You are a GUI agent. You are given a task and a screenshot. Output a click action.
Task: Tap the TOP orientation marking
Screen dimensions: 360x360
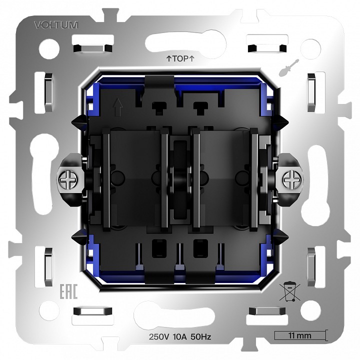(x=179, y=59)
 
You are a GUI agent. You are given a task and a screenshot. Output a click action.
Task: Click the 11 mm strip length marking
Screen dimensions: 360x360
(x=299, y=335)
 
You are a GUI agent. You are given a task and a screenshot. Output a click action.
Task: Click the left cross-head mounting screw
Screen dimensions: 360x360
(x=68, y=178)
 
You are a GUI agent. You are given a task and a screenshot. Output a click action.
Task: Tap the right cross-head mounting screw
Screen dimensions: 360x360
(x=290, y=178)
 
